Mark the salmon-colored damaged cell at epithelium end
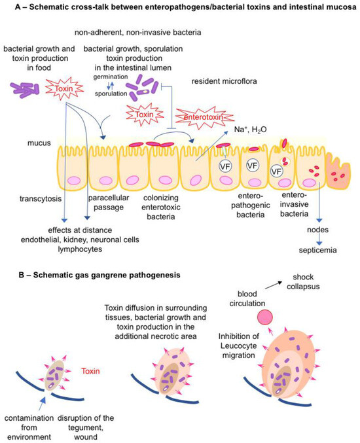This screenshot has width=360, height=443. pyautogui.click(x=341, y=177)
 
